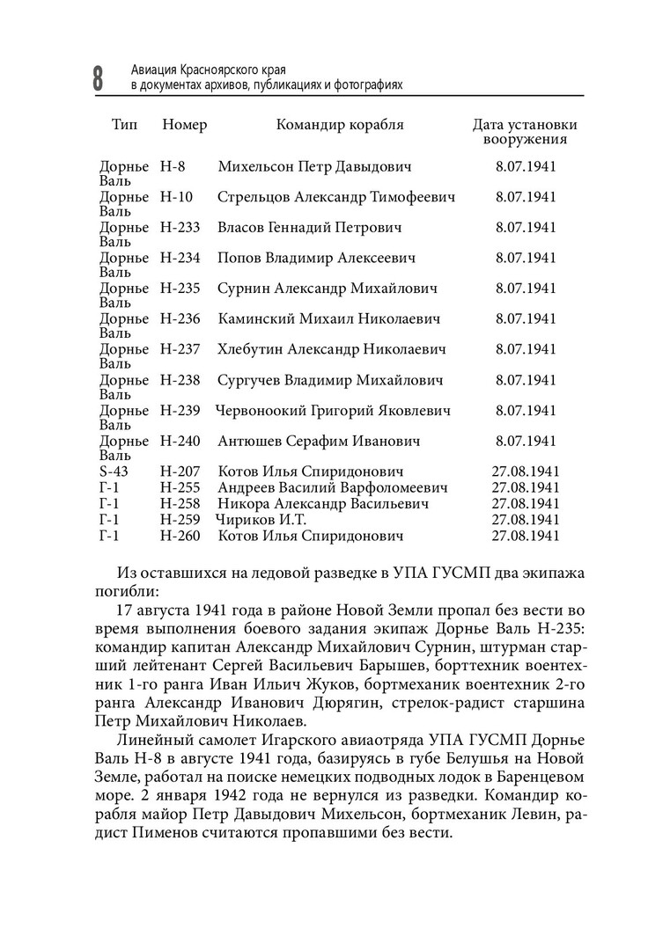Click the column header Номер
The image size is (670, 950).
pyautogui.click(x=184, y=125)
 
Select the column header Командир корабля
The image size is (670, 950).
pyautogui.click(x=340, y=125)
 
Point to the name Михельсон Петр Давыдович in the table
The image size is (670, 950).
pyautogui.click(x=314, y=166)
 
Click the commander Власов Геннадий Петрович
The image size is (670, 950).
pyautogui.click(x=309, y=228)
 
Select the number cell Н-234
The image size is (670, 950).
pyautogui.click(x=180, y=259)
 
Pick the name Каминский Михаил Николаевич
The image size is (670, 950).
pyautogui.click(x=329, y=318)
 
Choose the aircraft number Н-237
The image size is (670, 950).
pyautogui.click(x=180, y=349)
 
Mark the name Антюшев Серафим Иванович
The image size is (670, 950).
pyautogui.click(x=319, y=441)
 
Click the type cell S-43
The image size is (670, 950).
pyautogui.click(x=114, y=471)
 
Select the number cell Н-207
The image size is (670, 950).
pyautogui.click(x=180, y=471)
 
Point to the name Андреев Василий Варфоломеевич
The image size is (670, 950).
pyautogui.click(x=333, y=487)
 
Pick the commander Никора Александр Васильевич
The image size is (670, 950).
pyautogui.click(x=323, y=504)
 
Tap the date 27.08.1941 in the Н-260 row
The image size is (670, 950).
pyautogui.click(x=526, y=536)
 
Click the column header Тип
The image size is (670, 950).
pyautogui.click(x=124, y=125)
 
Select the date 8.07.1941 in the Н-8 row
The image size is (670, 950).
pyautogui.click(x=526, y=166)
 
